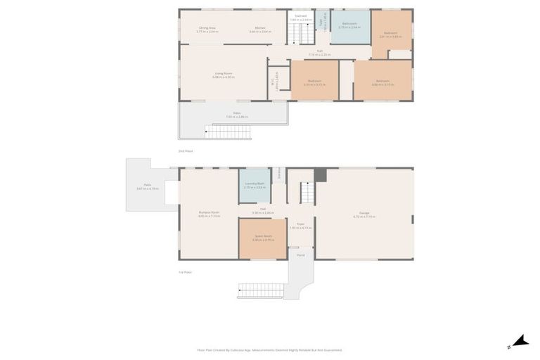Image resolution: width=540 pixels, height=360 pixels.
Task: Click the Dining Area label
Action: tap(207, 30)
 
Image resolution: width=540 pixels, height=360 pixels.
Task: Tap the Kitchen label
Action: tap(260, 30)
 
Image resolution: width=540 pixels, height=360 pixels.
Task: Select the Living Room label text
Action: tap(224, 75)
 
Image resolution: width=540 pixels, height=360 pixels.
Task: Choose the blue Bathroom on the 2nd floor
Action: tap(349, 27)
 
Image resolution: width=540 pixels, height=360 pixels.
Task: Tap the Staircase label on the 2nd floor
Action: tap(301, 17)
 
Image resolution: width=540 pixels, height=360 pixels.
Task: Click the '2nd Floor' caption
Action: tap(186, 151)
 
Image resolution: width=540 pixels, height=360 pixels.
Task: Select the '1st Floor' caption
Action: tap(186, 272)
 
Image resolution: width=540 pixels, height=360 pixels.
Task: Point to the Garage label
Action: tap(364, 214)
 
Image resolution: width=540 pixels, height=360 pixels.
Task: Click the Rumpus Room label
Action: tap(209, 214)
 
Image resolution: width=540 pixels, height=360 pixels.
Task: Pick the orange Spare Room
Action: tap(262, 238)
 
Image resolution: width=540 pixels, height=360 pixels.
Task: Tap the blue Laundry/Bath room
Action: tap(254, 186)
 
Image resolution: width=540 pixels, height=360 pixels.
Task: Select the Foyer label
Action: tap(300, 226)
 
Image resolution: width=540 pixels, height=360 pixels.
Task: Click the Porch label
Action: tap(300, 255)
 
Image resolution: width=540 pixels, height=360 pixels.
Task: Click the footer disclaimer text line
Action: tap(270, 350)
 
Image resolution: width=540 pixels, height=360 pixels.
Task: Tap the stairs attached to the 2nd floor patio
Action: tap(228, 132)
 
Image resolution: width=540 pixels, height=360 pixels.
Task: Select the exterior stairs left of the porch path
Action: tap(261, 290)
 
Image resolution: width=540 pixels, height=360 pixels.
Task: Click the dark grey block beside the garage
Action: tap(321, 175)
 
